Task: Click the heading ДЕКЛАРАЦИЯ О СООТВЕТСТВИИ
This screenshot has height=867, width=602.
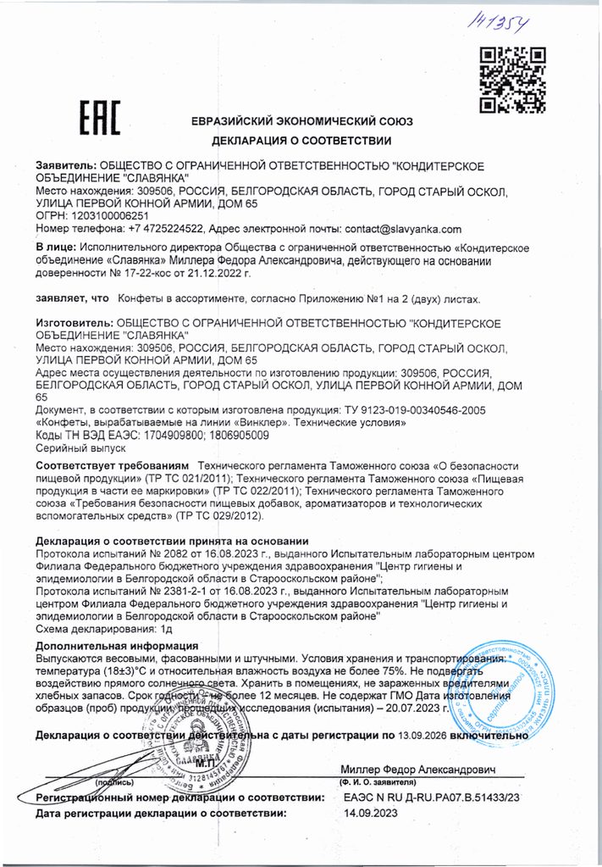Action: [301, 140]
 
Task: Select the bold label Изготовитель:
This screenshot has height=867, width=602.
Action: [73, 323]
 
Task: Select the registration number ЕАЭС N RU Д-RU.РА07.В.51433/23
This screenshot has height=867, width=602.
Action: [432, 798]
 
